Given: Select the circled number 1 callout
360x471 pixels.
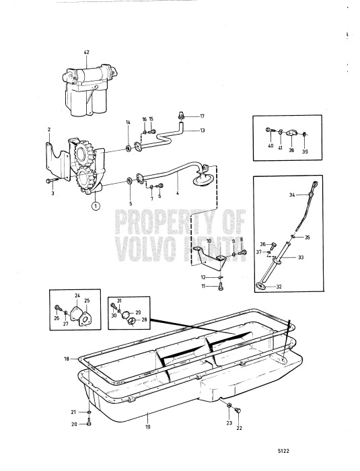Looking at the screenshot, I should [x=96, y=207].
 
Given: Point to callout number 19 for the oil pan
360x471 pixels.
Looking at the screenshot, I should [x=148, y=427].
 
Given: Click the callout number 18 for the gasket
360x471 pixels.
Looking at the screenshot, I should [x=67, y=359].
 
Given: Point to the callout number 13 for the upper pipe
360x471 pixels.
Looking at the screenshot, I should [x=203, y=130].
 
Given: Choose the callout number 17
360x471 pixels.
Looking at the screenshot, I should [x=201, y=116].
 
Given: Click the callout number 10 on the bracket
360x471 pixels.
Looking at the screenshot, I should [x=209, y=240].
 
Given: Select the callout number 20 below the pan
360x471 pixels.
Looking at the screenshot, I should [x=74, y=424].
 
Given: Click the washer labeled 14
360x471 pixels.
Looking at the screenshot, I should [x=129, y=147].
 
